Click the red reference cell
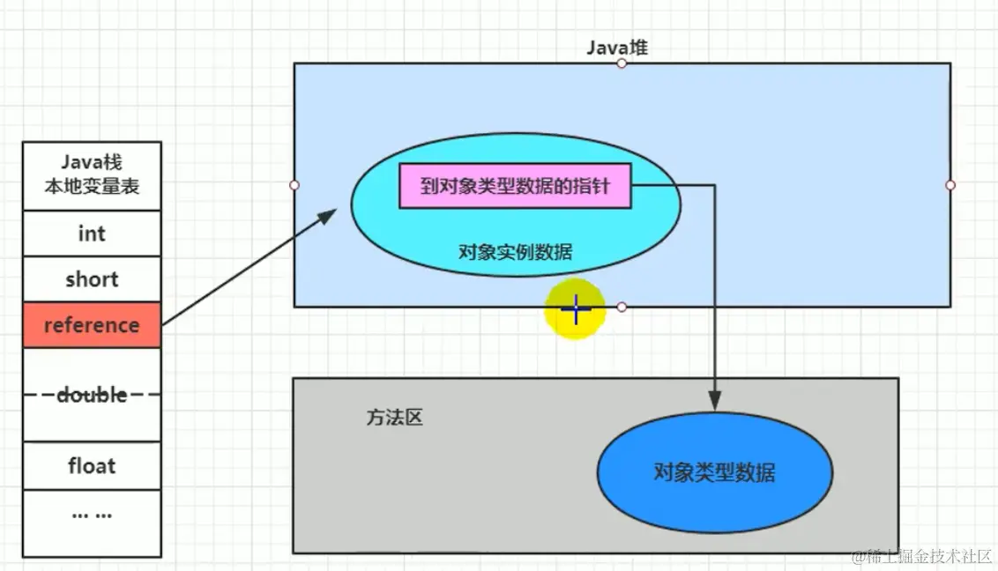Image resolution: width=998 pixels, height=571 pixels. [x=92, y=325]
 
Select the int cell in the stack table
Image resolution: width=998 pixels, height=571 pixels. [x=92, y=234]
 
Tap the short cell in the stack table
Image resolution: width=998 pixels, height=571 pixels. [x=92, y=279]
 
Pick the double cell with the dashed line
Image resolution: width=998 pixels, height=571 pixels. [x=92, y=395]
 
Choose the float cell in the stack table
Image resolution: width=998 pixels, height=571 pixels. [x=92, y=465]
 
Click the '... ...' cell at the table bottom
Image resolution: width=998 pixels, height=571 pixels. [x=92, y=514]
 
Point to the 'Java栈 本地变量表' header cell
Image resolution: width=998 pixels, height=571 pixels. [x=92, y=174]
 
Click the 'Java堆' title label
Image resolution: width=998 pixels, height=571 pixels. [x=617, y=48]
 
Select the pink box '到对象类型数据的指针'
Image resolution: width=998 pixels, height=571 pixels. [x=515, y=186]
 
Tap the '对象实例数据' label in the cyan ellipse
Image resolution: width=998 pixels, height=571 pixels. [x=516, y=253]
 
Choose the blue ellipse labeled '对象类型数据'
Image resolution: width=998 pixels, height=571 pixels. [x=714, y=472]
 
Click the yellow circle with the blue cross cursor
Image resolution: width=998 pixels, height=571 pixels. [x=575, y=309]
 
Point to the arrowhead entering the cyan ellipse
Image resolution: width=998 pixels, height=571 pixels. [x=329, y=214]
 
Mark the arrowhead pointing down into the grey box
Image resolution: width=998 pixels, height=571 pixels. [x=715, y=400]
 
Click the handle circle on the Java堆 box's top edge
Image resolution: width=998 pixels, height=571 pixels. [x=622, y=63]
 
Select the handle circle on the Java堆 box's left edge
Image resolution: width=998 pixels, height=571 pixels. [x=294, y=185]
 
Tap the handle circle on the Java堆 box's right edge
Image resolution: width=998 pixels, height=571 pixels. [x=950, y=185]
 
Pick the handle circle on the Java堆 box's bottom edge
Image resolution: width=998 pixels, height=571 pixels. [x=622, y=307]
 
